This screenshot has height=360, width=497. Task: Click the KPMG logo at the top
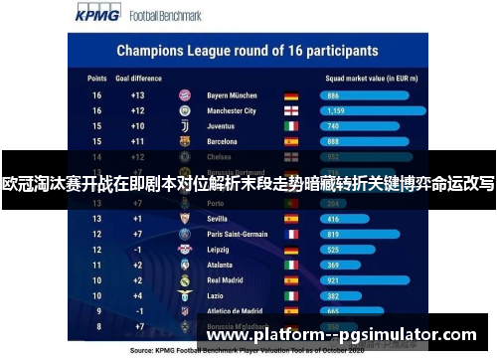[95, 16]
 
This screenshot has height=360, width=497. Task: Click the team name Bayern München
[232, 95]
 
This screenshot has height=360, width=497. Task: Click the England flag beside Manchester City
[290, 111]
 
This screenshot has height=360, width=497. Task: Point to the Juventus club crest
[184, 126]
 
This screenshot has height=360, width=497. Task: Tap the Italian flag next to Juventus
[290, 126]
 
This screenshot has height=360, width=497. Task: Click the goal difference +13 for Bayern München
[137, 95]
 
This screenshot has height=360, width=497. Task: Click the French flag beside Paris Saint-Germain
[290, 234]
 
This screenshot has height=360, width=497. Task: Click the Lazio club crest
[184, 296]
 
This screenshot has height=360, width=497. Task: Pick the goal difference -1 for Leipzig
[137, 250]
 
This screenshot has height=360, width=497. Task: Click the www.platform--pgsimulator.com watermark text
[341, 336]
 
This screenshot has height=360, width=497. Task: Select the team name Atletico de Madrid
[235, 311]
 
